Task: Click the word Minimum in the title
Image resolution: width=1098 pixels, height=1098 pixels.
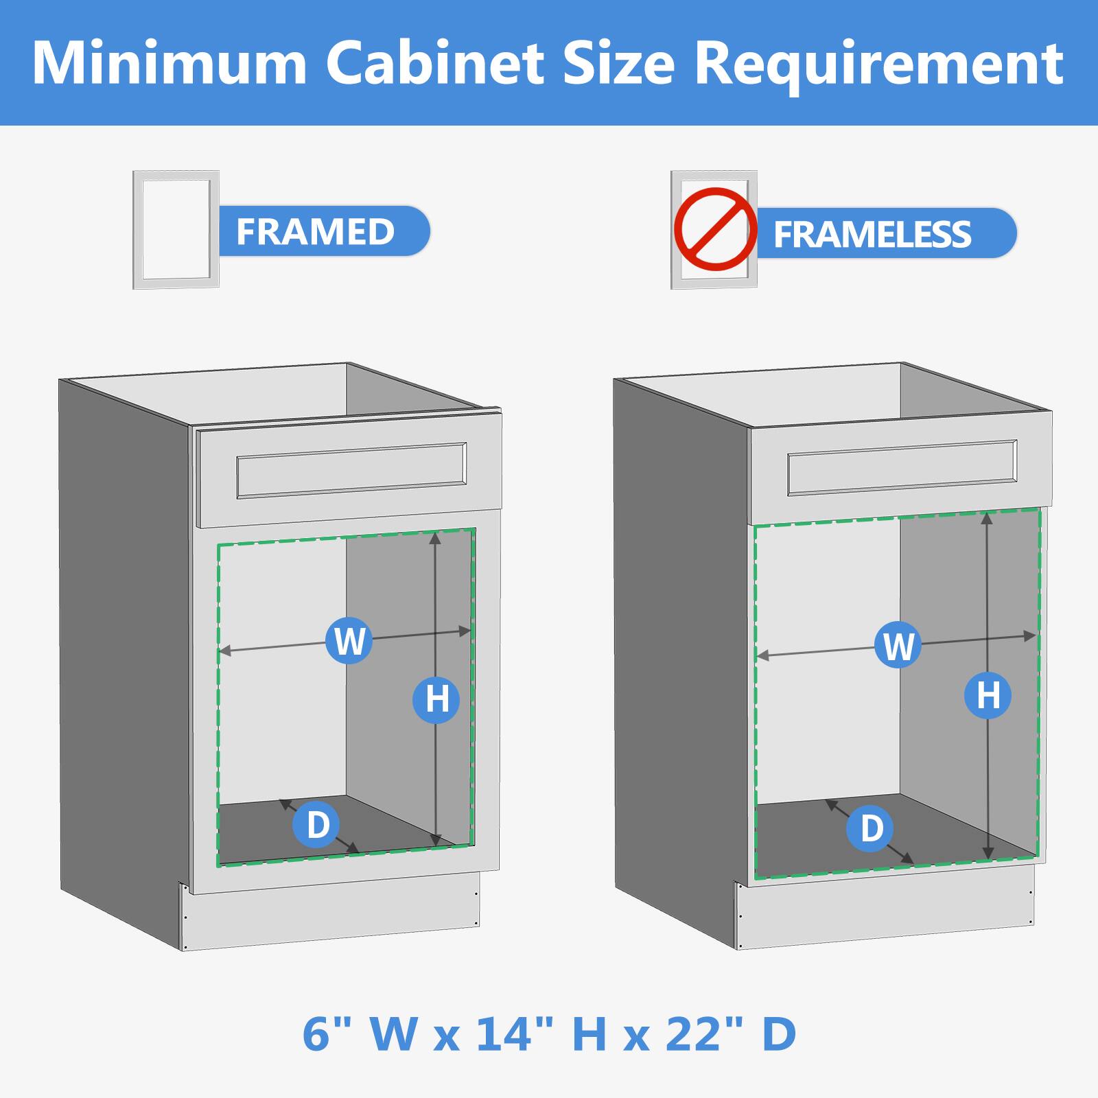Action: [x=169, y=63]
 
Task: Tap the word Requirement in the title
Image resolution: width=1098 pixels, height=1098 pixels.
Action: [x=879, y=63]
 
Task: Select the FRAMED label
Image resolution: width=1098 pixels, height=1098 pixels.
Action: [x=316, y=231]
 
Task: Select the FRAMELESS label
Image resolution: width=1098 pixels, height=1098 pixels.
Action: [x=873, y=234]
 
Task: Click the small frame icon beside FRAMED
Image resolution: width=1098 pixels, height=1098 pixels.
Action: [x=176, y=229]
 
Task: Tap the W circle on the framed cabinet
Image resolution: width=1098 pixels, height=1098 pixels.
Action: [x=349, y=640]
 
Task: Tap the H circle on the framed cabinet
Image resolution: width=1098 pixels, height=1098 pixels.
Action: [x=436, y=699]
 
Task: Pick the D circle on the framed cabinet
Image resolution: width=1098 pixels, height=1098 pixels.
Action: [x=316, y=823]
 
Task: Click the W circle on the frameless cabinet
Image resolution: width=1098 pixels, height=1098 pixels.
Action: [x=898, y=646]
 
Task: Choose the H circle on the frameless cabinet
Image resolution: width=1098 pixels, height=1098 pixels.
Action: [x=988, y=696]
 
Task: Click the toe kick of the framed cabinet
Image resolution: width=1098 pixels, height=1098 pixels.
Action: [x=329, y=918]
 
